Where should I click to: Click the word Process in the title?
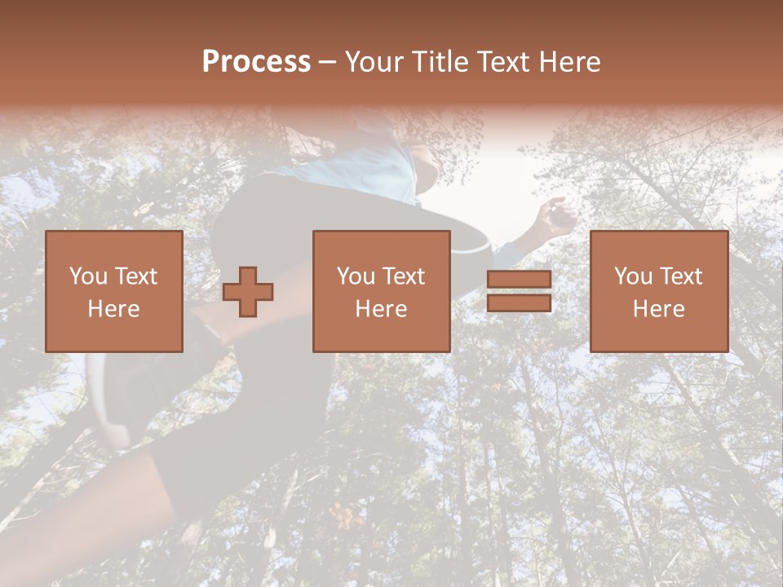256,62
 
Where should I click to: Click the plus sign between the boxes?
248,292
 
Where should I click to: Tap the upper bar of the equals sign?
519,280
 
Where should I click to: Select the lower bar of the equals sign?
519,303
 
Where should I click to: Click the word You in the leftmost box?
88,276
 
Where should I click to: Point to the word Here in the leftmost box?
113,309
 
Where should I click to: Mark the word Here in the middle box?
381,309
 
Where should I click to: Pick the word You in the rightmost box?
633,276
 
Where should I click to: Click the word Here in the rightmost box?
658,309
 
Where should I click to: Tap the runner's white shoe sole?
101,399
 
